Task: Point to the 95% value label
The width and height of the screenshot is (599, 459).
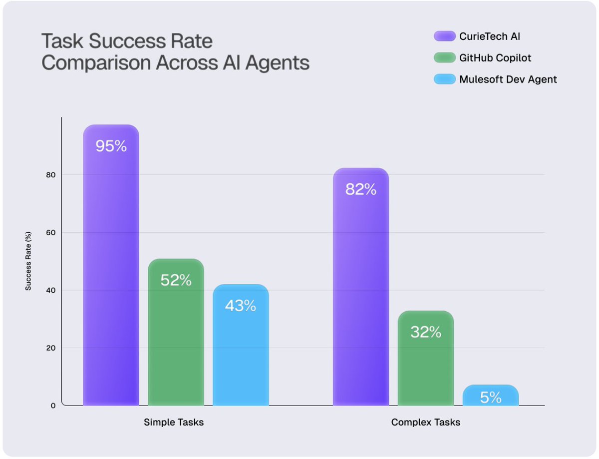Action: pyautogui.click(x=111, y=146)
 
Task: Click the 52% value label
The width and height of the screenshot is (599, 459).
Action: pyautogui.click(x=176, y=280)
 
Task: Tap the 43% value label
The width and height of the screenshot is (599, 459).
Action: pyautogui.click(x=241, y=306)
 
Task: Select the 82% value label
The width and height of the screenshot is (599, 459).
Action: pyautogui.click(x=360, y=190)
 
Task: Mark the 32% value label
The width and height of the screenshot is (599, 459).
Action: pyautogui.click(x=425, y=332)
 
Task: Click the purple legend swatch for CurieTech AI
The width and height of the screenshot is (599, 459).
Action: pyautogui.click(x=444, y=36)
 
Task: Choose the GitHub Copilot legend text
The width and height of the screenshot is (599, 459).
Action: pyautogui.click(x=495, y=58)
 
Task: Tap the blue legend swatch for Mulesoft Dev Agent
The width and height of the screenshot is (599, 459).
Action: pyautogui.click(x=444, y=79)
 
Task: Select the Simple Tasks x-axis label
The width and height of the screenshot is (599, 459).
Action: pyautogui.click(x=174, y=422)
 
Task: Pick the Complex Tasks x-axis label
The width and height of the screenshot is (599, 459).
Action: pyautogui.click(x=425, y=422)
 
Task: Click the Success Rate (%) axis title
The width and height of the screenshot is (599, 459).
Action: pyautogui.click(x=29, y=261)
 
